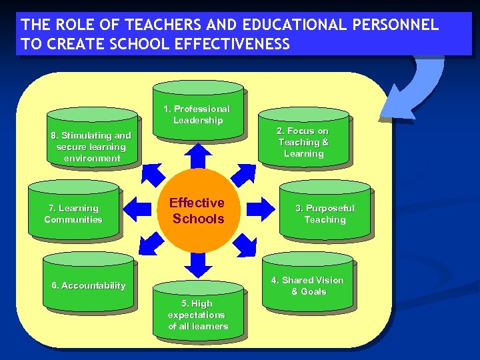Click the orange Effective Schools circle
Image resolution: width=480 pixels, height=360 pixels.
[x=197, y=210]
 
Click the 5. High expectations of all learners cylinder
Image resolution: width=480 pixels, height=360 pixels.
[x=198, y=312]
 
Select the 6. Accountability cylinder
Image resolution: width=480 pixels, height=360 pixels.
[x=89, y=283]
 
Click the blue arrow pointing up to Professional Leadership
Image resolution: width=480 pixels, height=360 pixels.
[x=197, y=156]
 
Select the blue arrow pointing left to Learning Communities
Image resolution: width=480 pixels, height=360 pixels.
[x=139, y=209]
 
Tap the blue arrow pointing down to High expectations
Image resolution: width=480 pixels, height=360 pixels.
[x=197, y=264]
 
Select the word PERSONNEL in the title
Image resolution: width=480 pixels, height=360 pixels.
[x=400, y=25]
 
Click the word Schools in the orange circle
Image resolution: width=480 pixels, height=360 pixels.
[x=198, y=219]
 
